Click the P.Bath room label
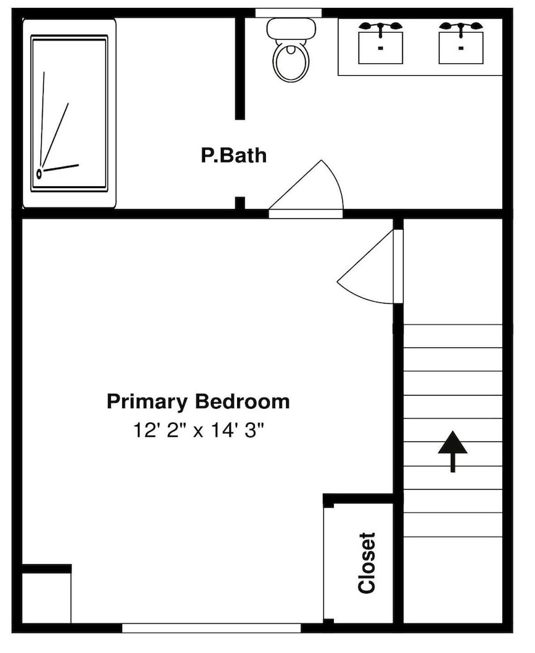click(233, 155)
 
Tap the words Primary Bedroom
click(199, 402)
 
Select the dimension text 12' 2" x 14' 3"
click(199, 430)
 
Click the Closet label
click(366, 563)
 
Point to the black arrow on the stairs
click(453, 452)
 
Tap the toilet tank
click(291, 28)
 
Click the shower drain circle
click(39, 173)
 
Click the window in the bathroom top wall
click(288, 13)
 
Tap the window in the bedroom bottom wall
click(211, 628)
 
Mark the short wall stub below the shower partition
click(240, 203)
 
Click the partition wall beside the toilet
click(240, 69)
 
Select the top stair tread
click(453, 336)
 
